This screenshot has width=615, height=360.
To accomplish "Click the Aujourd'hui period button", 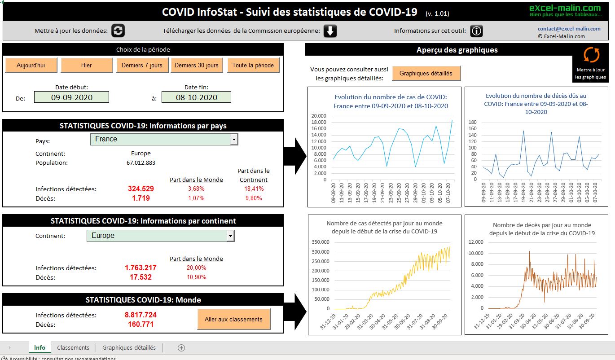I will (x=31, y=65).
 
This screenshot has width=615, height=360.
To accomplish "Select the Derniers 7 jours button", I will (x=142, y=65).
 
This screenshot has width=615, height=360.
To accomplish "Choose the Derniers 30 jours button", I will (x=197, y=65).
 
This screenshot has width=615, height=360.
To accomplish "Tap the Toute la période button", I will (x=253, y=65).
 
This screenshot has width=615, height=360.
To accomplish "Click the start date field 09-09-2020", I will (x=71, y=97).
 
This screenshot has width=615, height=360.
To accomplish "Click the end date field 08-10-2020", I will (x=196, y=97).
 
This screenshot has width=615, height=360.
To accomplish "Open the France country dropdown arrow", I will (x=233, y=140).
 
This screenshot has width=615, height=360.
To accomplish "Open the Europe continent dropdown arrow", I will (x=230, y=236).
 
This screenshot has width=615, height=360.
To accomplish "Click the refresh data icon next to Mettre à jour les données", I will (x=118, y=31).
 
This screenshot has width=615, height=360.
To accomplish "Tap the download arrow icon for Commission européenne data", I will (x=330, y=31).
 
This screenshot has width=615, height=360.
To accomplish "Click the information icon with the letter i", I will (x=476, y=31).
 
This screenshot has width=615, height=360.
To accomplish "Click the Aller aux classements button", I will (x=233, y=319).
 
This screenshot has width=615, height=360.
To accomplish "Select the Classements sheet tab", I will (x=73, y=347).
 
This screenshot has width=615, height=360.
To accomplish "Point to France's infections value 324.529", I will (x=141, y=189).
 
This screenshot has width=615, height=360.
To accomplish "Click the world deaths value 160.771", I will (x=141, y=325).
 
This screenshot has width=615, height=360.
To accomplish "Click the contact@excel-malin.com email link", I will (x=569, y=29).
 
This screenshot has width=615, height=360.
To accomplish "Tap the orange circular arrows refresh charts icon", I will (x=591, y=55).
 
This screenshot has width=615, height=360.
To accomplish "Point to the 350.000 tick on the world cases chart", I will (x=320, y=242).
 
